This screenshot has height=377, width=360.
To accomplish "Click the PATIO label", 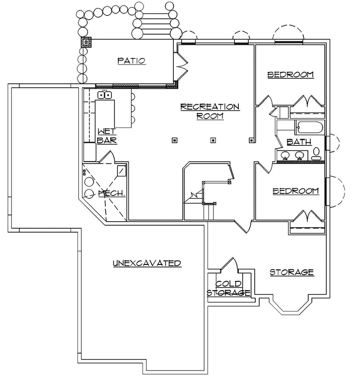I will click(131, 61).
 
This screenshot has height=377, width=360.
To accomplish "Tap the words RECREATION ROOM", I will click(210, 111).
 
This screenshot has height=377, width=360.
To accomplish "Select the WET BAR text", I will click(106, 135).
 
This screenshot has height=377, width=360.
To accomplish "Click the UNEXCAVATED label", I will click(146, 263).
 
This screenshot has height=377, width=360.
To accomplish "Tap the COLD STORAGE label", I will click(228, 288).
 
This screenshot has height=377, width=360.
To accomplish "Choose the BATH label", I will click(299, 142).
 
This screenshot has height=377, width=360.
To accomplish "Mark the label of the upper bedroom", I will click(290, 74).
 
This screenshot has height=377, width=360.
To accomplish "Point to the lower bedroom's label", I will click(295, 191).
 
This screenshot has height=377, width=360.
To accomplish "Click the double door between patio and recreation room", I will click(181, 69).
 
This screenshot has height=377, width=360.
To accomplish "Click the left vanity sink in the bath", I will click(286, 156).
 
